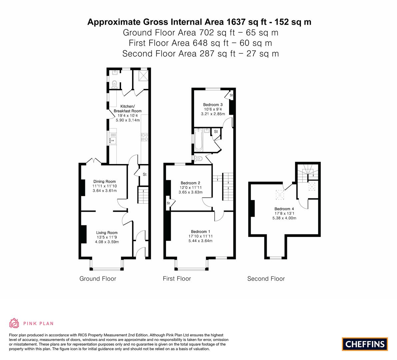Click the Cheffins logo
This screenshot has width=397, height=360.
365,344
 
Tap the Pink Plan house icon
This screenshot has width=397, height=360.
14,323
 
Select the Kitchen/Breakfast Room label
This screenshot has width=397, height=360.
128,109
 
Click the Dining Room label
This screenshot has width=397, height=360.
105,181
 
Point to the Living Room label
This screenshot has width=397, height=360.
107,233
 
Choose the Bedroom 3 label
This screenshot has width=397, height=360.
213,105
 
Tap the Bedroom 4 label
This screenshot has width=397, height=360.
284,209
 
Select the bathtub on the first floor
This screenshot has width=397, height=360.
198,140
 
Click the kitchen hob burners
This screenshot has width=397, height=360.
145,137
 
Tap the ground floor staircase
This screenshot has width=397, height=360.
143,195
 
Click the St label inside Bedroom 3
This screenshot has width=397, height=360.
231,95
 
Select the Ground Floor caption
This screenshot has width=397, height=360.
98,278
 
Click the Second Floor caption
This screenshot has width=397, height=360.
266,278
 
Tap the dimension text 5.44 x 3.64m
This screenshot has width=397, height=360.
201,241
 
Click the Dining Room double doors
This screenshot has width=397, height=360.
94,161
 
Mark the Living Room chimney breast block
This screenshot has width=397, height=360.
84,234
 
